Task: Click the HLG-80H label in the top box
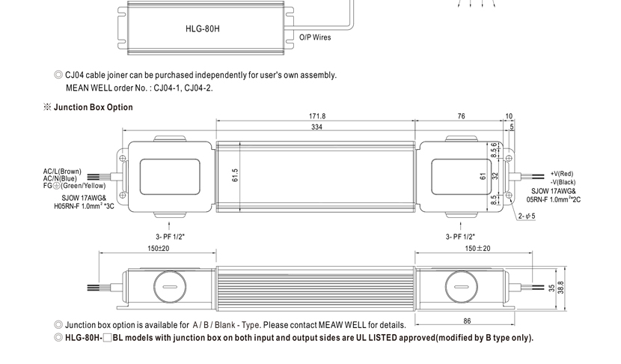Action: [203, 30]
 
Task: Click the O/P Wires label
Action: [315, 37]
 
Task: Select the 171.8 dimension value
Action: [317, 116]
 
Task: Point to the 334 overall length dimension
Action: [317, 127]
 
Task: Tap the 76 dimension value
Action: [461, 116]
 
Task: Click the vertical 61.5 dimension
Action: [235, 175]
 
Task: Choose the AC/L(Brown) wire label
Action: [62, 172]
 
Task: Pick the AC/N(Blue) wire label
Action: [60, 178]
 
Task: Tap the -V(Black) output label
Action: [563, 182]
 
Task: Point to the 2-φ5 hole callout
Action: [527, 216]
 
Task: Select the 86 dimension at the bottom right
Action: [467, 321]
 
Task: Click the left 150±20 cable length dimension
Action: [159, 248]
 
